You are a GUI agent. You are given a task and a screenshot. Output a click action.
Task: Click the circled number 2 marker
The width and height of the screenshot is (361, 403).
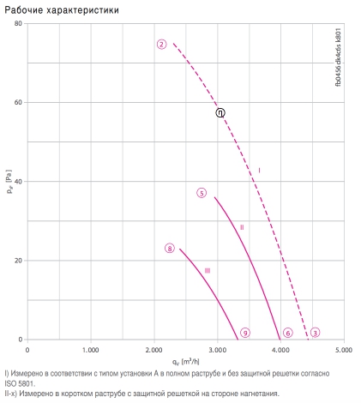point(161,45)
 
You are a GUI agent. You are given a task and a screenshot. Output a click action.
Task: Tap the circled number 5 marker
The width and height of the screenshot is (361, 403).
point(202,193)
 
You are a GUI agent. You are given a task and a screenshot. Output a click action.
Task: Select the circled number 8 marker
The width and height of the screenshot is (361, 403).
point(170,249)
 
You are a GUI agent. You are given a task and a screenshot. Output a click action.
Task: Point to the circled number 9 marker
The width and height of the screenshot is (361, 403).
point(245,333)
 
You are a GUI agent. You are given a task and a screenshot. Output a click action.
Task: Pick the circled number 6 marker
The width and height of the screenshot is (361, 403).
point(288,333)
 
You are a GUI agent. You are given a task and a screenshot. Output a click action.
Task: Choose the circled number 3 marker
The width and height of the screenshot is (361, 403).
point(315,333)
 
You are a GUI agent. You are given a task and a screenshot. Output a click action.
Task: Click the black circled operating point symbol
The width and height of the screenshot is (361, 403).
point(220,113)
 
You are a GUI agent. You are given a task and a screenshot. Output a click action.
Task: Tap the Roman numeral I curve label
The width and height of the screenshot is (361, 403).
point(259,171)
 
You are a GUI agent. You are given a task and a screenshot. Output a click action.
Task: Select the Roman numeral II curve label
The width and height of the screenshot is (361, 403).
point(242,227)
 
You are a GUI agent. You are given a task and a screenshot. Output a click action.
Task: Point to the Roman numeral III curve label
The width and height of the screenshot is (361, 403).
point(208,270)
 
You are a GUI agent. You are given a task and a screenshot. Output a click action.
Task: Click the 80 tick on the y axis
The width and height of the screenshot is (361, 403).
point(18,23)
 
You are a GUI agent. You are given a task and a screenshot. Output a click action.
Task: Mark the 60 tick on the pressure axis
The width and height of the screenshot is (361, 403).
point(18,102)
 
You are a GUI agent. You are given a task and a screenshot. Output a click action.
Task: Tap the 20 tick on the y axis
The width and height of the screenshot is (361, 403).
point(18,261)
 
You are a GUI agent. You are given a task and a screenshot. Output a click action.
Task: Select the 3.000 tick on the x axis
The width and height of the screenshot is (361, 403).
point(217,350)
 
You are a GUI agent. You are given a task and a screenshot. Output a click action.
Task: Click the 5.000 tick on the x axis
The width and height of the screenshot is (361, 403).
point(344,350)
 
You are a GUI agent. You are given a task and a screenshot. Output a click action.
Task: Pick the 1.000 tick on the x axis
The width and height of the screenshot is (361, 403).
point(91,350)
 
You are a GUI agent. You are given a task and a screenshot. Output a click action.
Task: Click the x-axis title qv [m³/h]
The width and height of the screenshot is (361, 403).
point(185,362)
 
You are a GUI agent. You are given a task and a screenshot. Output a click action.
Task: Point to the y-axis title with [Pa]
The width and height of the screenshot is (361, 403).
point(9,182)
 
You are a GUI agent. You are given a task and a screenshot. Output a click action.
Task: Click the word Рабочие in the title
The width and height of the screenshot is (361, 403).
point(24,10)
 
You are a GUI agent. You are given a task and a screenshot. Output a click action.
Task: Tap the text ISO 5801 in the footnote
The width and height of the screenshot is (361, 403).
point(19,383)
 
